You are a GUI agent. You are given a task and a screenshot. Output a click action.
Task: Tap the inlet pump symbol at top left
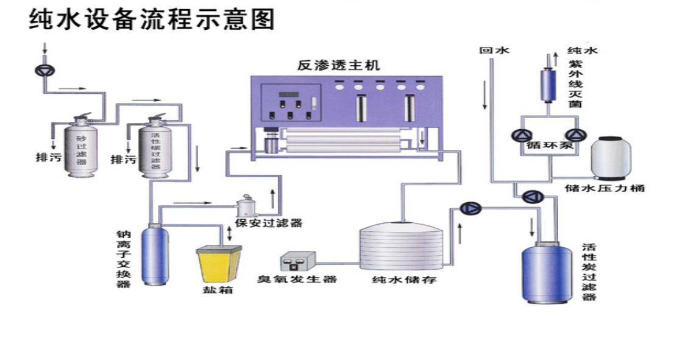coord(44,70)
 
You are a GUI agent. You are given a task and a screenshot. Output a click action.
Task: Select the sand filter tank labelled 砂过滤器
coord(82,149)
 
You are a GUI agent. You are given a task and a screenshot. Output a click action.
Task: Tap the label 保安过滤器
coord(269,224)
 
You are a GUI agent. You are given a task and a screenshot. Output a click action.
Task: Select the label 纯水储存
coord(405,281)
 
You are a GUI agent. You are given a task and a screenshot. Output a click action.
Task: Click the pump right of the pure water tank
coord(471,208)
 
